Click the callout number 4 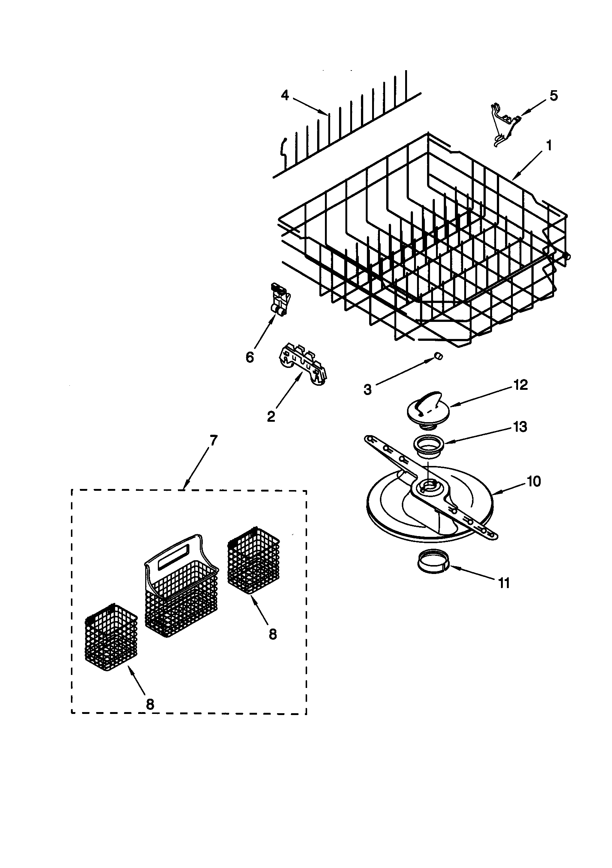[285, 96]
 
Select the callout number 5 [553, 96]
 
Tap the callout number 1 [549, 145]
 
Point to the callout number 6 [250, 357]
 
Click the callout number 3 [368, 389]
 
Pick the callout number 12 [521, 385]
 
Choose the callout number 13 [521, 427]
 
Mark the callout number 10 [534, 481]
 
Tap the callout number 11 [504, 583]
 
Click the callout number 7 [213, 440]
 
